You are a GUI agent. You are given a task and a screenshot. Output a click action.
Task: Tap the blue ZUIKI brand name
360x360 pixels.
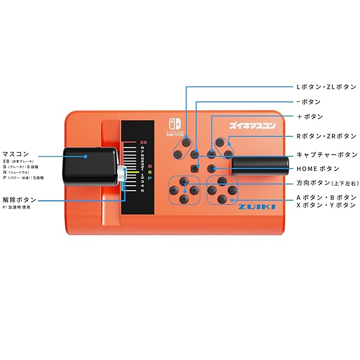[x=256, y=207]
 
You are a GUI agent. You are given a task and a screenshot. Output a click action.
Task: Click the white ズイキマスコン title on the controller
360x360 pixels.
[x=253, y=126]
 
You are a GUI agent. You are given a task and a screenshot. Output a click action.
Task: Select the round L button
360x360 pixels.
[x=178, y=154]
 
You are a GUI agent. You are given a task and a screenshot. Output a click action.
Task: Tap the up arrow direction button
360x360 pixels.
[x=183, y=181]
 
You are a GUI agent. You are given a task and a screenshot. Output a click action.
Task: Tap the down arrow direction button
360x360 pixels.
[x=183, y=199]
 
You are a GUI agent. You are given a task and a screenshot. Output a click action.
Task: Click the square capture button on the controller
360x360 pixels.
[x=195, y=168]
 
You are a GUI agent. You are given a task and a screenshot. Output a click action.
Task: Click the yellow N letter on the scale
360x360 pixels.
[x=150, y=172]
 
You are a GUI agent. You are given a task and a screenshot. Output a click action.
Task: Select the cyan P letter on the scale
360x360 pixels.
[x=150, y=178]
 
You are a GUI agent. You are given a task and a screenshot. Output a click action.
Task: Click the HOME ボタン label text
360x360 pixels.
[x=318, y=168]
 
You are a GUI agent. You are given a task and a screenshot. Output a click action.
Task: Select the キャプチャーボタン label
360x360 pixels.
[x=326, y=154]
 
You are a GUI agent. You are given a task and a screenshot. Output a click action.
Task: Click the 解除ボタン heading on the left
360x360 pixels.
[x=19, y=200]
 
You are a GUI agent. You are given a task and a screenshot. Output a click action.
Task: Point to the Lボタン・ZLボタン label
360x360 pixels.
[x=326, y=87]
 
